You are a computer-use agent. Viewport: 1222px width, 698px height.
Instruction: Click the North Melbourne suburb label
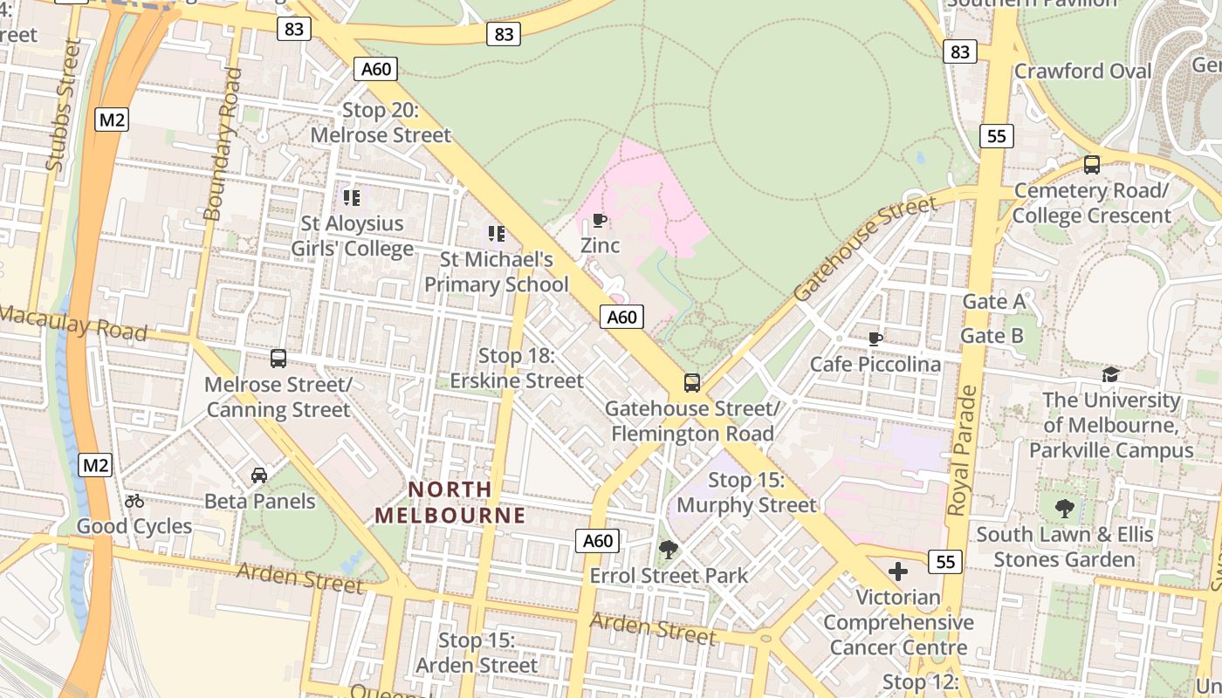tap(450, 502)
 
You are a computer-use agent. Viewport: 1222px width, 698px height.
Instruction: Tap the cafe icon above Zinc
tap(600, 220)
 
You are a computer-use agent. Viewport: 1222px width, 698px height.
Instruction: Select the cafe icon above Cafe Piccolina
tap(875, 339)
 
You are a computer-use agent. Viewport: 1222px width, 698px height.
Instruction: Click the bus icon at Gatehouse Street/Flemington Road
tap(691, 382)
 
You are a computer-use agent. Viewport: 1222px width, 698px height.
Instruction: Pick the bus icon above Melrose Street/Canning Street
tap(278, 359)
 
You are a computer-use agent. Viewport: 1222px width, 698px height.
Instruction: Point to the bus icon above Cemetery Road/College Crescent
tap(1091, 164)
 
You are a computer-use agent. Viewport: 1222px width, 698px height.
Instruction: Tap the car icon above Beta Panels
tap(259, 476)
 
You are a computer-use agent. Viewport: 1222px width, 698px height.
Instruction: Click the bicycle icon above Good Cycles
tap(134, 501)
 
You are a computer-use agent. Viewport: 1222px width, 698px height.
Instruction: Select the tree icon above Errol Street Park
tap(669, 550)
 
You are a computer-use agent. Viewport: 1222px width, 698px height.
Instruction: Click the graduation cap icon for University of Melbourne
tap(1110, 374)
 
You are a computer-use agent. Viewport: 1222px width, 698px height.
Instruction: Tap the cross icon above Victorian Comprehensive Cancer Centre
tap(898, 571)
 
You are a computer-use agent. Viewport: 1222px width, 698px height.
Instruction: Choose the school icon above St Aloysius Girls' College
tap(352, 198)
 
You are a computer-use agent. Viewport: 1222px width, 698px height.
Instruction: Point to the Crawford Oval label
tap(1082, 71)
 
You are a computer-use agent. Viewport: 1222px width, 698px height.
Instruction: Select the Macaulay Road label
tap(73, 322)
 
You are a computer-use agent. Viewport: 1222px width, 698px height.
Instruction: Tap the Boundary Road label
tap(222, 144)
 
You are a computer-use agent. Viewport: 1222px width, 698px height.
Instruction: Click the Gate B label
tap(992, 336)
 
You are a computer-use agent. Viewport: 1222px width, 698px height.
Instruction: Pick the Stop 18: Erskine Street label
tap(516, 368)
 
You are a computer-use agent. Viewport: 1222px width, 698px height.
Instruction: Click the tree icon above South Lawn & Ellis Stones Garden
tap(1064, 508)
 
